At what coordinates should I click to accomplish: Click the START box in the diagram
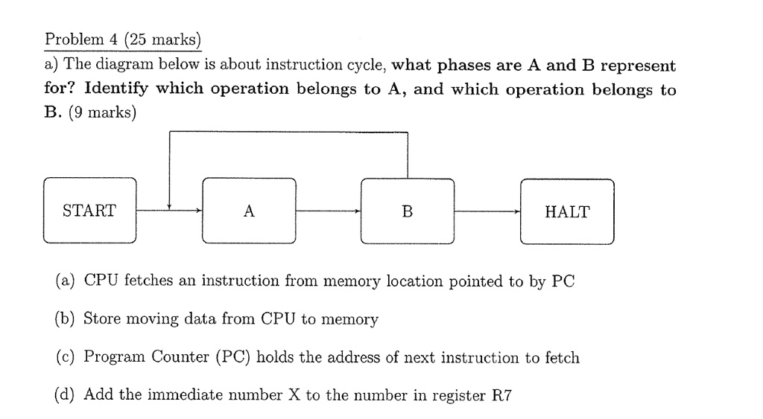click(x=89, y=211)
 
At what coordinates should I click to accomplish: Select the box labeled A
click(x=249, y=211)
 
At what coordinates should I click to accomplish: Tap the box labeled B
click(x=407, y=211)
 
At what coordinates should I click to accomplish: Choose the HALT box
click(x=567, y=211)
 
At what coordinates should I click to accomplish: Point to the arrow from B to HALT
click(x=487, y=211)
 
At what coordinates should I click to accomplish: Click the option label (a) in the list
click(x=66, y=281)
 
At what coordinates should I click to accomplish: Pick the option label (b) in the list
click(x=66, y=319)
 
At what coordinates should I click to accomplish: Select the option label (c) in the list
click(x=66, y=357)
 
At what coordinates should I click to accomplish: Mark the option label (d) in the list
click(x=66, y=395)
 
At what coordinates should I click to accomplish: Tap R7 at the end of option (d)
click(x=503, y=395)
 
